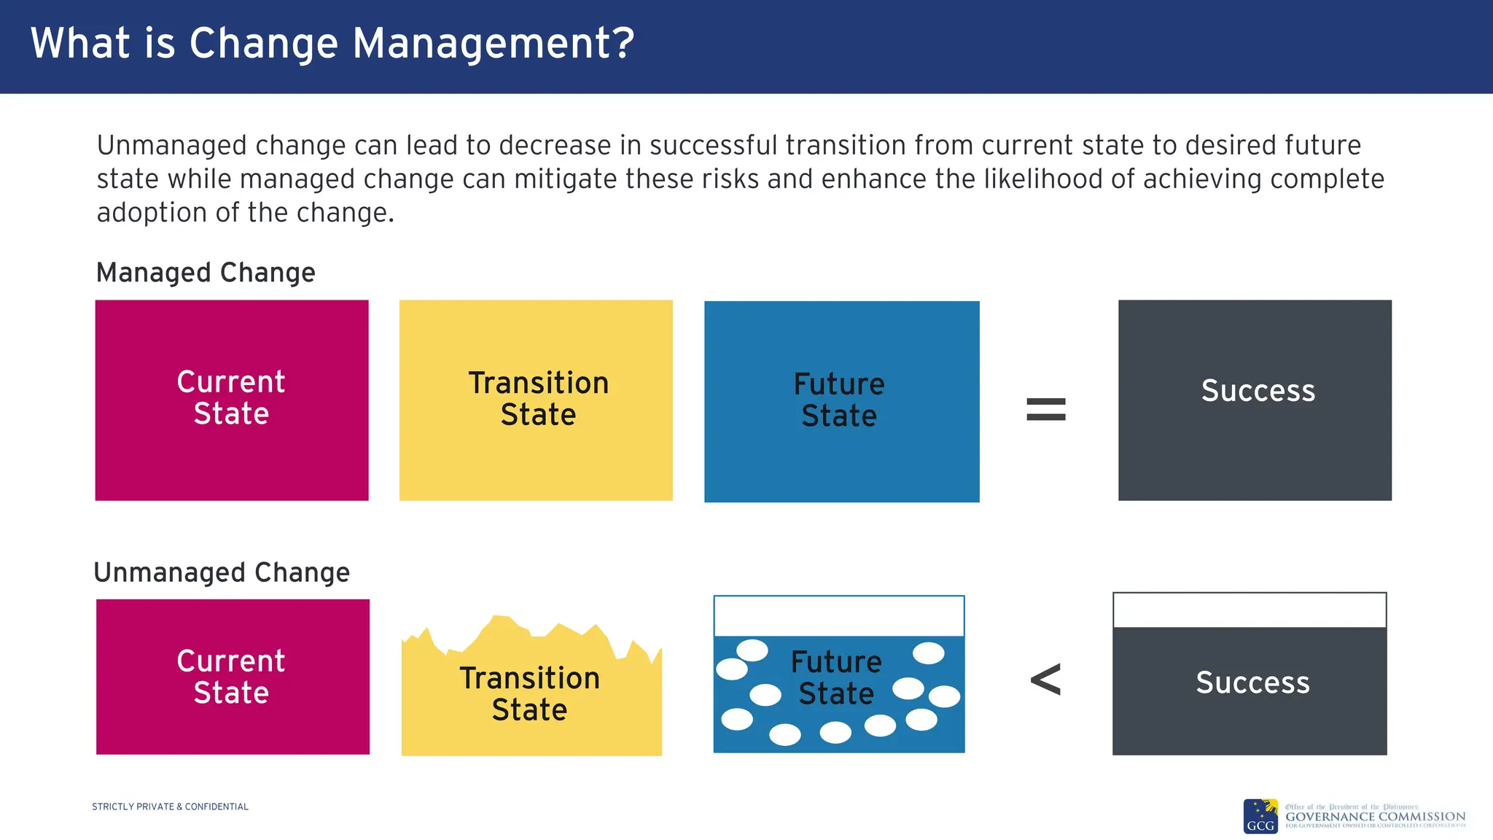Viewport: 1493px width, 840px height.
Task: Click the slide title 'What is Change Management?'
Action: tap(332, 44)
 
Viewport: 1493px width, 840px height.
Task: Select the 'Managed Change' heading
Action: tap(206, 273)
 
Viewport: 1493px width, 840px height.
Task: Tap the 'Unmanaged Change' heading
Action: tap(222, 572)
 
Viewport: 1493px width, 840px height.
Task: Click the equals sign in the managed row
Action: tap(1045, 409)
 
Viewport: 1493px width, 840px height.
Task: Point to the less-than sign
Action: tap(1045, 680)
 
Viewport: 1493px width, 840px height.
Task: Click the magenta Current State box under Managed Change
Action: tap(232, 452)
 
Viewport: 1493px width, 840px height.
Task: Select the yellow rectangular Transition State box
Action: tap(536, 459)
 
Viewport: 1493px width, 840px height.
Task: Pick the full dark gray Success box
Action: tap(1255, 452)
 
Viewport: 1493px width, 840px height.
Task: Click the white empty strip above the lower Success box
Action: tap(1250, 610)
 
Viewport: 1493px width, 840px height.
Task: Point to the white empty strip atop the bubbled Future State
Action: tap(839, 616)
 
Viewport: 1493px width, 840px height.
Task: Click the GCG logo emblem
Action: tap(1260, 817)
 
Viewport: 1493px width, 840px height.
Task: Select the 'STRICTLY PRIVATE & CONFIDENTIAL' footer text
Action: tap(170, 806)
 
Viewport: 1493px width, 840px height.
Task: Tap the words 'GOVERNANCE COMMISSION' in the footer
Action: tap(1375, 817)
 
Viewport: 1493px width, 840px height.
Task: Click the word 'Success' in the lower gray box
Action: tap(1252, 683)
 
